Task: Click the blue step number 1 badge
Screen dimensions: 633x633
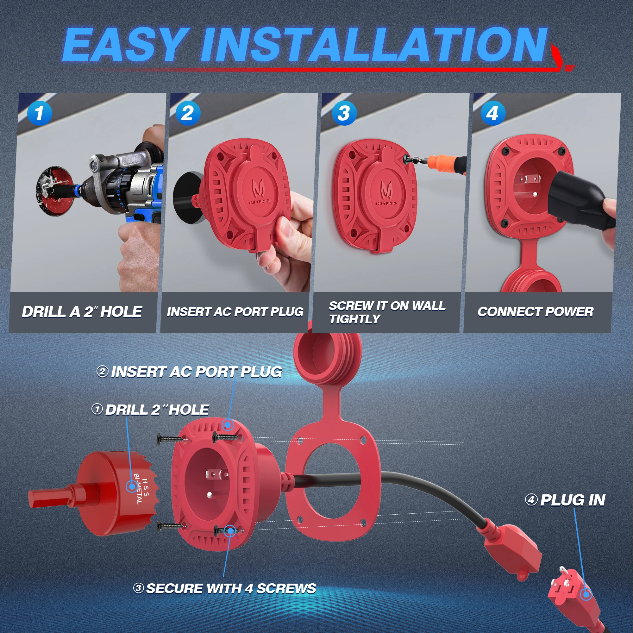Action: pyautogui.click(x=39, y=113)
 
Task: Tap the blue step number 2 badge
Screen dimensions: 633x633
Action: pyautogui.click(x=188, y=113)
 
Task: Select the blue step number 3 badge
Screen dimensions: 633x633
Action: pyautogui.click(x=344, y=113)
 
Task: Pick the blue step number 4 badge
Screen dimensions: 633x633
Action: pyautogui.click(x=493, y=113)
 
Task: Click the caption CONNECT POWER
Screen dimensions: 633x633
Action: pyautogui.click(x=536, y=312)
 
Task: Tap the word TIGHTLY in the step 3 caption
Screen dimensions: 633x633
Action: pyautogui.click(x=355, y=319)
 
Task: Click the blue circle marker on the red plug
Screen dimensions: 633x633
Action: pyautogui.click(x=586, y=594)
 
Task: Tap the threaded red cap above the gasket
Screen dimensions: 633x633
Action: pyautogui.click(x=328, y=354)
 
